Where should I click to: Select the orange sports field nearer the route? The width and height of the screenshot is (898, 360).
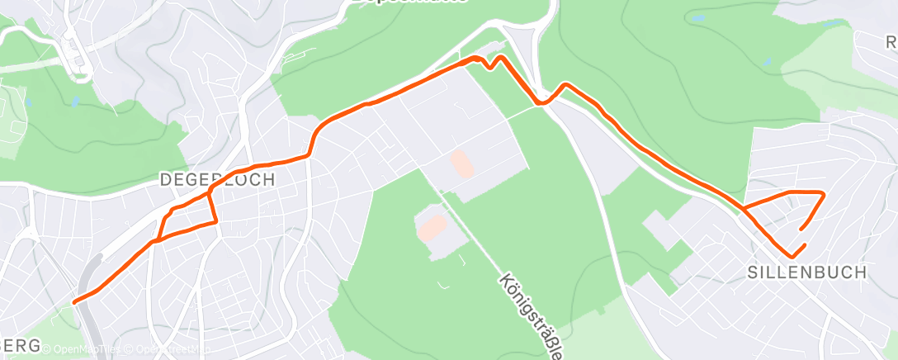click(462, 163)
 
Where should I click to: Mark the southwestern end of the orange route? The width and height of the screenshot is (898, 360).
click(75, 301)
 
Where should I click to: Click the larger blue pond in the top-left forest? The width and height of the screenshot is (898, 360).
click(74, 102)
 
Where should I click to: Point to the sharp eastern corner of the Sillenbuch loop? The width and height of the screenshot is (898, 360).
click(824, 193)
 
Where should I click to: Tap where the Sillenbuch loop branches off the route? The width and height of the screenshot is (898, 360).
click(744, 208)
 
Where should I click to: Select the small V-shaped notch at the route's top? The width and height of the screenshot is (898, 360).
click(493, 66)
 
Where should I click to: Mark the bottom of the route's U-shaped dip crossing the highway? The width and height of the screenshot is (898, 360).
click(541, 103)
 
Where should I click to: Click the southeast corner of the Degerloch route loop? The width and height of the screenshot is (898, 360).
click(216, 221)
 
